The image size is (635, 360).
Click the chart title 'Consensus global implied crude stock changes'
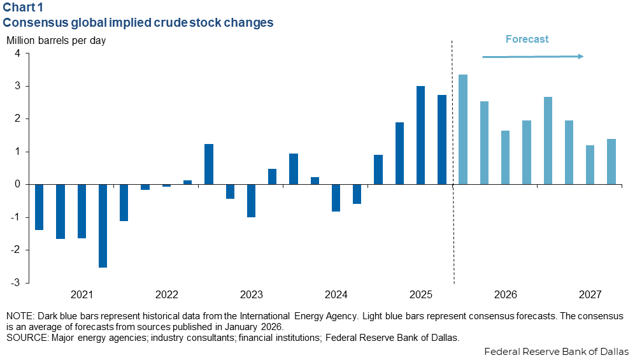tap(139, 23)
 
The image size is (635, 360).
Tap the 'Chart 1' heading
tap(26, 8)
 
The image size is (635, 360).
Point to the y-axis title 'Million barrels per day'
tap(56, 41)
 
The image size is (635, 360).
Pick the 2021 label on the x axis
tap(82, 295)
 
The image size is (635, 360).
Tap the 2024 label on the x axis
tap(336, 295)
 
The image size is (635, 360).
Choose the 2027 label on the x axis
tap(590, 295)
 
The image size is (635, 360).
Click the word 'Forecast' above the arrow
tap(527, 40)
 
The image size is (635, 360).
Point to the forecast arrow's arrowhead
tap(580, 57)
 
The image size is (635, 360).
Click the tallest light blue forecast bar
tap(463, 129)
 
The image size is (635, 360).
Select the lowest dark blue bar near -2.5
tap(103, 226)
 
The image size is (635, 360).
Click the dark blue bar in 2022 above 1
tap(208, 164)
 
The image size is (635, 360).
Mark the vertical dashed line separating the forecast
tap(452, 159)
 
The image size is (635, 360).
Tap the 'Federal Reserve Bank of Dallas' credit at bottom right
tap(556, 352)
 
